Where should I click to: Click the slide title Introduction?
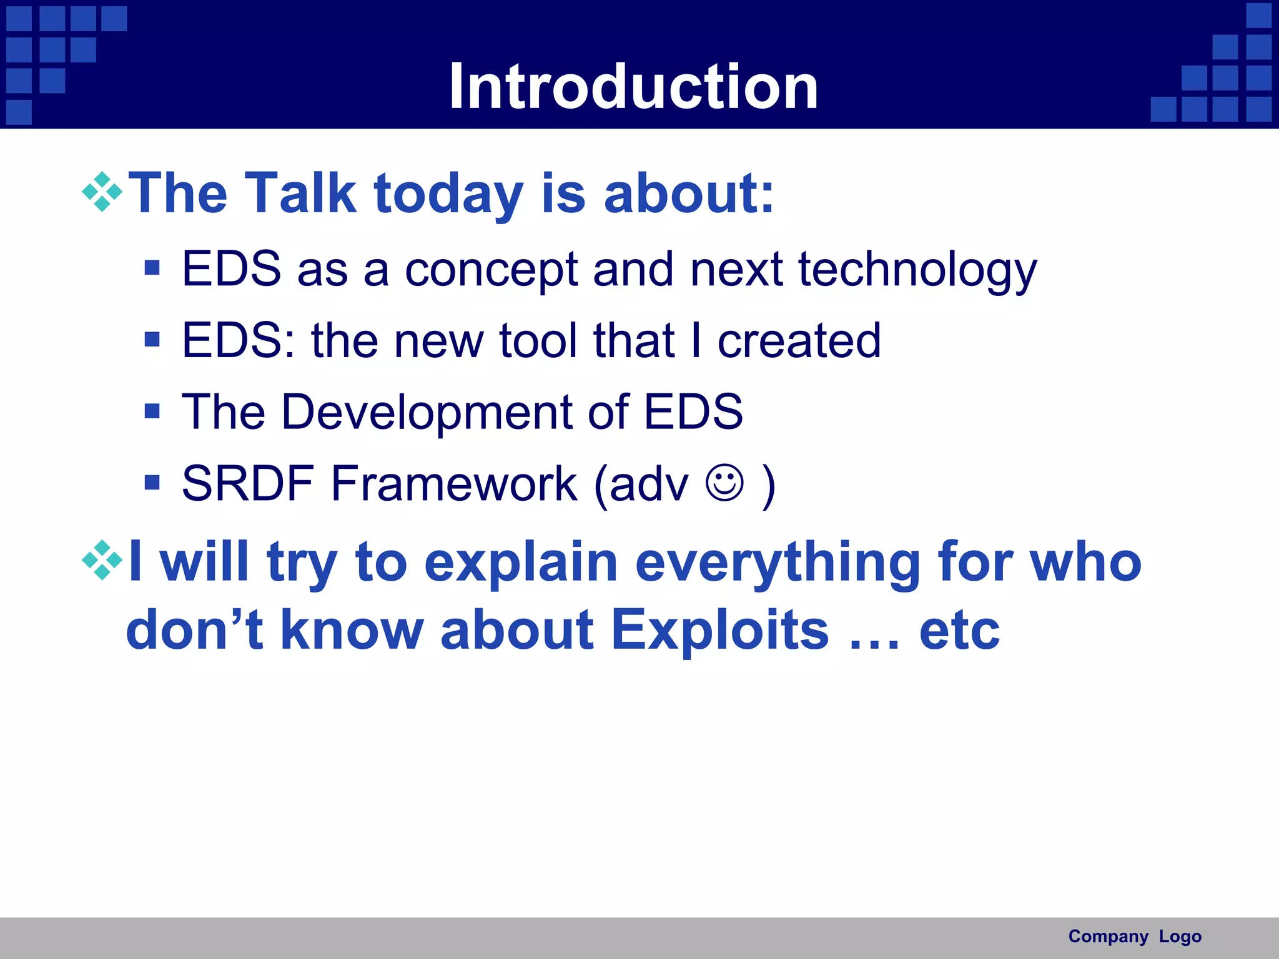point(633,87)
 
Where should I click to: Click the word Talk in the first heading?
point(300,193)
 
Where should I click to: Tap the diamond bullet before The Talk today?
point(102,192)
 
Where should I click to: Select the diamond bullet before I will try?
point(102,560)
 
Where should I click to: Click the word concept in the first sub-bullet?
point(491,270)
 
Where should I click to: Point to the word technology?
point(917,270)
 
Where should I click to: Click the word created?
point(799,341)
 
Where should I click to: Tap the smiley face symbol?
point(724,482)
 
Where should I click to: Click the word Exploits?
point(719,629)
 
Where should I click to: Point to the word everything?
point(778,562)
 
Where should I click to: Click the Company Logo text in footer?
point(1134,936)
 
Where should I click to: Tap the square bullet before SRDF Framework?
point(152,482)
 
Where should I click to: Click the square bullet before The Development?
point(152,411)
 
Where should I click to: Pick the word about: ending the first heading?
point(689,193)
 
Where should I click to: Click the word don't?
point(194,629)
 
